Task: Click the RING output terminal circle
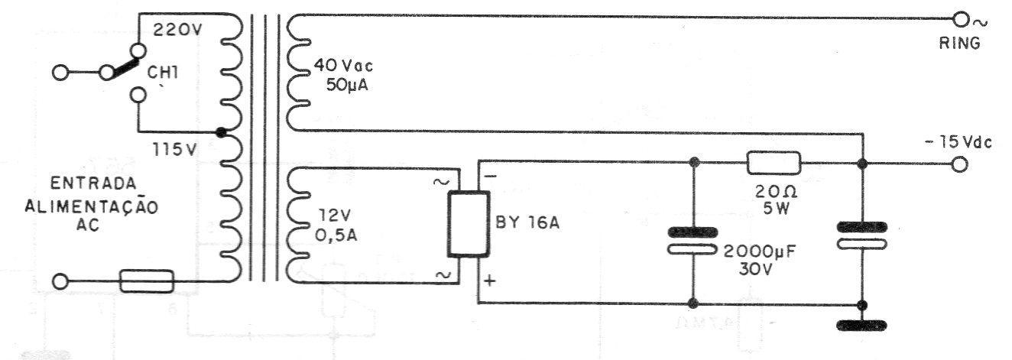[x=961, y=21]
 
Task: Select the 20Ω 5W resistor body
[x=774, y=163]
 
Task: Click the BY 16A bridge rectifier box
[x=469, y=224]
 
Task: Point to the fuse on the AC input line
[x=147, y=281]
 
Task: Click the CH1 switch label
[x=163, y=73]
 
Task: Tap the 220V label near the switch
[x=177, y=31]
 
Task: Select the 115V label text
[x=174, y=150]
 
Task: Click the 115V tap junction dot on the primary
[x=220, y=132]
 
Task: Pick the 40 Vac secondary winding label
[x=343, y=66]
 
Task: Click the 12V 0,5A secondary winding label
[x=336, y=225]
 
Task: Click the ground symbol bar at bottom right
[x=861, y=325]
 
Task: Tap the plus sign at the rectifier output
[x=490, y=281]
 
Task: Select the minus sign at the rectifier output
[x=491, y=176]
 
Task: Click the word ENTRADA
[x=93, y=183]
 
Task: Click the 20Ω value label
[x=776, y=193]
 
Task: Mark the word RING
[x=959, y=44]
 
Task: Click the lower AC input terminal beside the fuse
[x=60, y=281]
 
